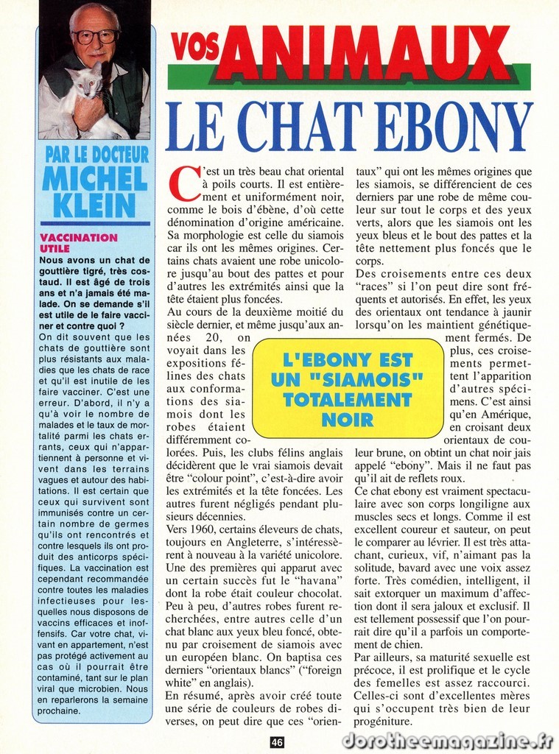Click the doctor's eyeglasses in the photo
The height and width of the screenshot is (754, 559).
tap(95, 36)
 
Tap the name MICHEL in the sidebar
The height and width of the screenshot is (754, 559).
tap(95, 178)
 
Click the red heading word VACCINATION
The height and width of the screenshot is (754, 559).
tap(78, 237)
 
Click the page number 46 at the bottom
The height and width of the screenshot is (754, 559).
tap(277, 742)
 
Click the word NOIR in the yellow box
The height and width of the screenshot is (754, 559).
tap(348, 421)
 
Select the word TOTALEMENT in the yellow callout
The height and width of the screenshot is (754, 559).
tap(348, 401)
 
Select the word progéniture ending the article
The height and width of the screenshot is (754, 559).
tap(384, 722)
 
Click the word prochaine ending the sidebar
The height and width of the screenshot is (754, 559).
tap(60, 711)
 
